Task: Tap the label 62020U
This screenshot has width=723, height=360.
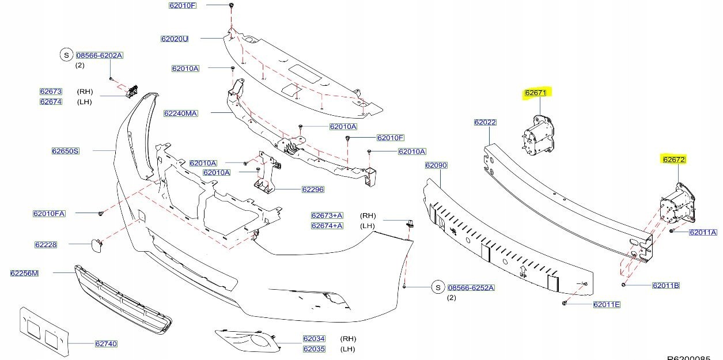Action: point(175,39)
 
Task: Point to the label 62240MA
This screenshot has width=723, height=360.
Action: point(180,113)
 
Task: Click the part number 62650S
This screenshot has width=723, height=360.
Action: point(65,151)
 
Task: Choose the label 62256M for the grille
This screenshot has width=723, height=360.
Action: point(24,273)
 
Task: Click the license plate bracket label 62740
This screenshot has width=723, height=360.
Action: point(106,344)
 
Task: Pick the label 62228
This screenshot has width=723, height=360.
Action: point(46,245)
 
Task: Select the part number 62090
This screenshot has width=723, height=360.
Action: point(436,165)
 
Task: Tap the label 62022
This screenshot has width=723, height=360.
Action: point(485,123)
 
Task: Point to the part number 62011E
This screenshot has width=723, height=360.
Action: point(607,304)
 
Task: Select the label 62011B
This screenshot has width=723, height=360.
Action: point(666,286)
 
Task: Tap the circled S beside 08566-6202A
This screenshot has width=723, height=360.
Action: point(66,55)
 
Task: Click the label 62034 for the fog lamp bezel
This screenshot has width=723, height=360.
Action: point(314,339)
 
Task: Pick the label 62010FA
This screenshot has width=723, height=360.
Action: point(49,214)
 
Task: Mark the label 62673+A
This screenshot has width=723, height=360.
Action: point(327,215)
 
